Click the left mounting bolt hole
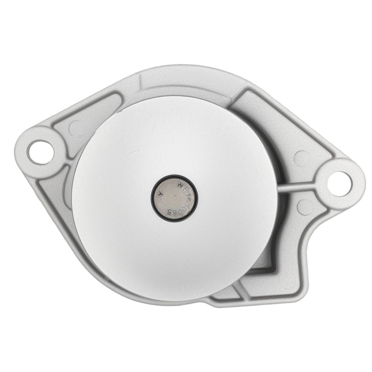pos(38,153)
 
